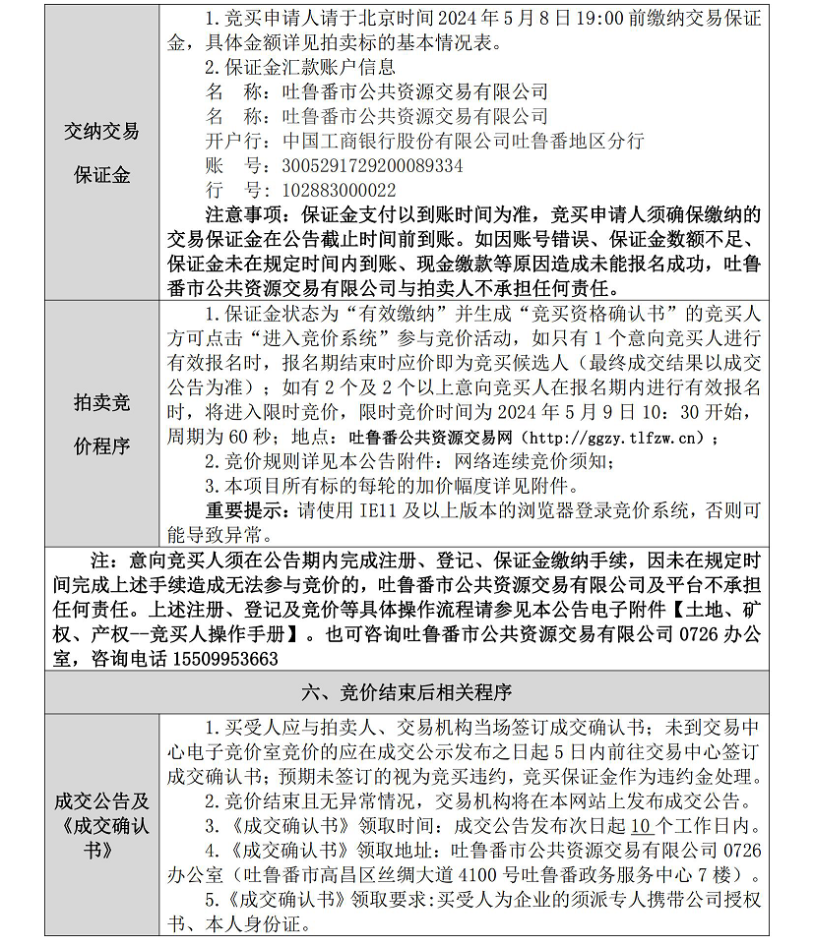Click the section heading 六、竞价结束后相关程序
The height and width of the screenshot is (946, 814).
click(x=407, y=692)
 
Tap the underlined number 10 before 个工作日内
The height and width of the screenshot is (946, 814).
click(x=641, y=825)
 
